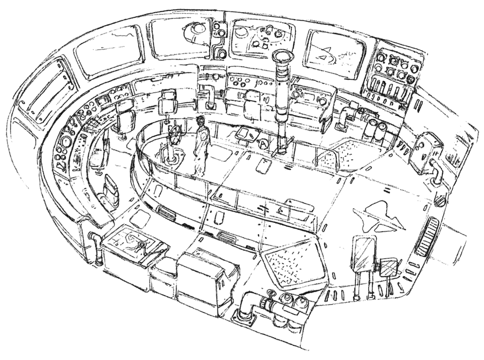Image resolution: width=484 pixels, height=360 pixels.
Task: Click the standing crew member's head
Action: click(x=201, y=120)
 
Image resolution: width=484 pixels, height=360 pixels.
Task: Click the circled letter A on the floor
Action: click(x=263, y=142)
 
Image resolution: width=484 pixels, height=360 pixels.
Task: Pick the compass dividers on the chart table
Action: click(x=141, y=245)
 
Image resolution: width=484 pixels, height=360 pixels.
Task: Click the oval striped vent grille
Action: click(x=426, y=236)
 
